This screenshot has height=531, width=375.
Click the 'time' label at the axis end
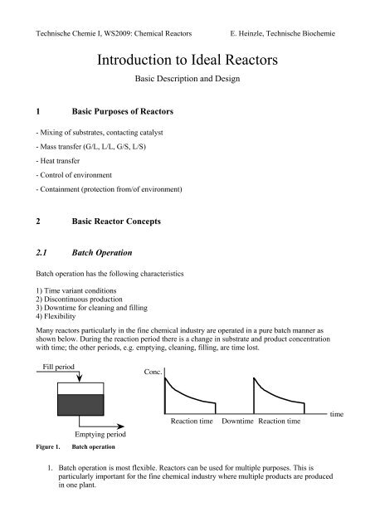[338, 412]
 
